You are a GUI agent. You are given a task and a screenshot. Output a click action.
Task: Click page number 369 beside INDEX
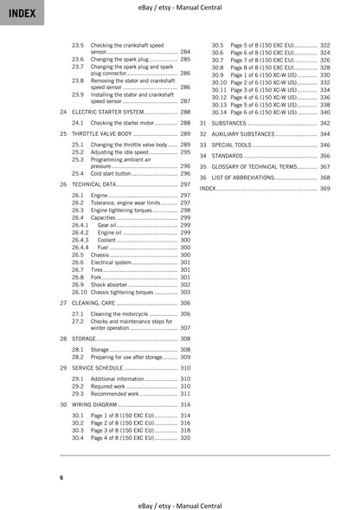click(x=325, y=187)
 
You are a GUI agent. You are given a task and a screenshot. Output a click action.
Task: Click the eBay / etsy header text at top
click(x=180, y=8)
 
